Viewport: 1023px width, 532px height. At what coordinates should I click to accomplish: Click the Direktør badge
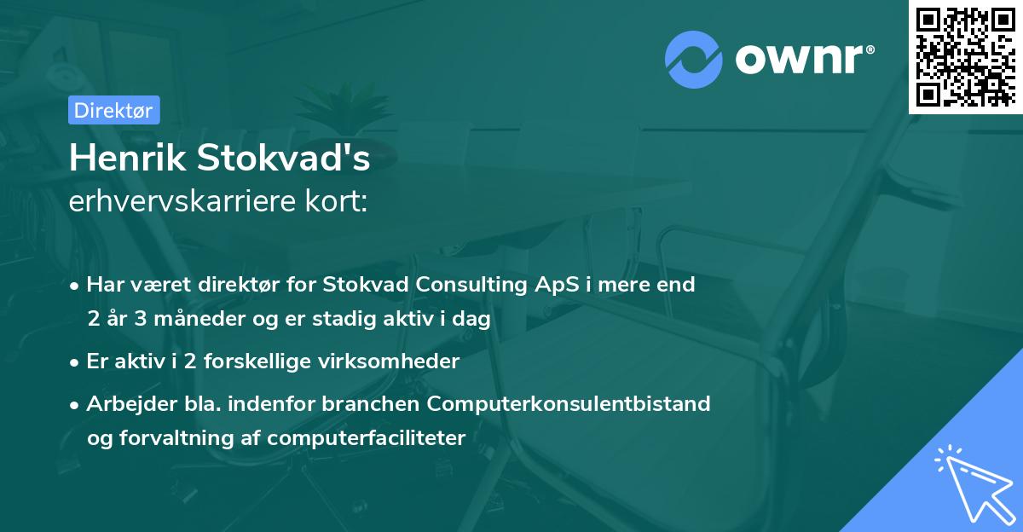(113, 110)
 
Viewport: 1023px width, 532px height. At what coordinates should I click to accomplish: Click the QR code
(966, 56)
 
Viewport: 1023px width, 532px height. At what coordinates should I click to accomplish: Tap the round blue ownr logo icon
(694, 60)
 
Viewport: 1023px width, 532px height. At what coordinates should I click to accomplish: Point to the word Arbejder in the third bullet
(124, 403)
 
